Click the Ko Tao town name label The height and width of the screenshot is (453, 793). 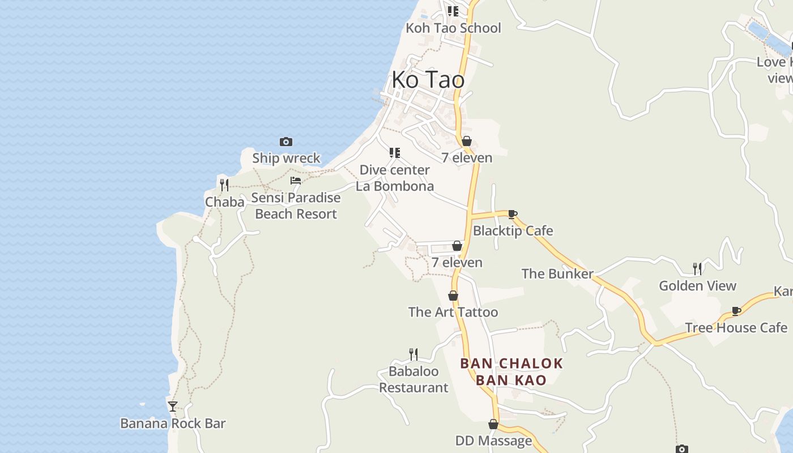coord(428,80)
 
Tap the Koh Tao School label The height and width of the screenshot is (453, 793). coord(453,28)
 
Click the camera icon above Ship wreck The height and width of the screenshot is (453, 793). coord(286,142)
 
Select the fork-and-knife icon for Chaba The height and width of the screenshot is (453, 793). coord(224,185)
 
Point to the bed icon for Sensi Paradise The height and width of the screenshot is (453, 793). coord(296,181)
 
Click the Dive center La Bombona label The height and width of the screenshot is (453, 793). coord(395,178)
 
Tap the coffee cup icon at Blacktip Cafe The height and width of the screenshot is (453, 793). coord(513,214)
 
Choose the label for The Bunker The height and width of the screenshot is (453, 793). coord(557,274)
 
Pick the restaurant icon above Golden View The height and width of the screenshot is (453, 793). coord(697,268)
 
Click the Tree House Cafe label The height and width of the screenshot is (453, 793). coord(736,328)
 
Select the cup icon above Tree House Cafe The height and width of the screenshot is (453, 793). coord(736,311)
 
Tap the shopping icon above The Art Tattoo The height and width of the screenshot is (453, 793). coord(453,296)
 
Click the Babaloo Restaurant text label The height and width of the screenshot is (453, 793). coord(413,379)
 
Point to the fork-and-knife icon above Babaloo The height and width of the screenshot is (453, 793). coord(413,354)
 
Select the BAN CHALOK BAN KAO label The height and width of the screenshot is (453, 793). coord(511,371)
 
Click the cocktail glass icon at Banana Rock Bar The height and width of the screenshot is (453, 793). coord(173,406)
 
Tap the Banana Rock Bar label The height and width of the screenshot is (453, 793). coord(173,424)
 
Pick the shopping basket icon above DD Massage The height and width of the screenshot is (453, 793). coord(493,424)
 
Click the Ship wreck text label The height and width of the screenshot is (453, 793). coord(286,159)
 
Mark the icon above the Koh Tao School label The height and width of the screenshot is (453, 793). coord(453,11)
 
